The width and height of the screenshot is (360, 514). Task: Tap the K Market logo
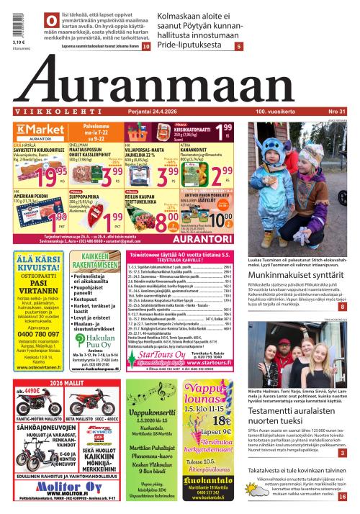(x=32, y=129)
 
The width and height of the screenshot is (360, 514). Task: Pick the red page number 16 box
(x=343, y=496)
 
